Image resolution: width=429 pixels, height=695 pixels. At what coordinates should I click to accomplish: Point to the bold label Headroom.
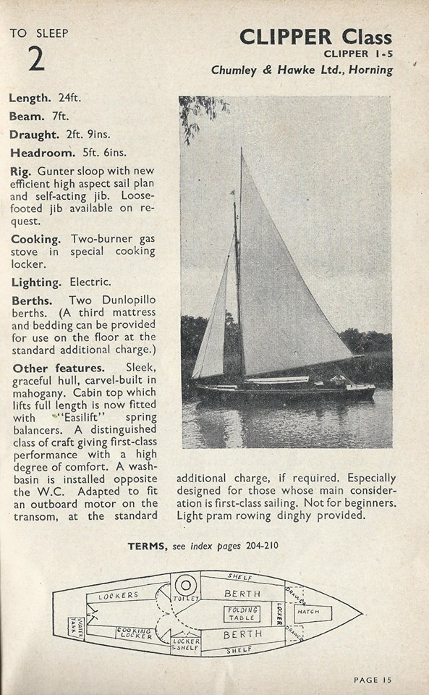click(42, 153)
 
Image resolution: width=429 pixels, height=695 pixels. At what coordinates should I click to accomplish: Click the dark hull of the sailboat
click(282, 393)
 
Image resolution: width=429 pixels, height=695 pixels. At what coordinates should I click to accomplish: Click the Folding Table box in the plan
click(243, 615)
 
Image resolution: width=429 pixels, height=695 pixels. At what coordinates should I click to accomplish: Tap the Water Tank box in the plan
click(77, 624)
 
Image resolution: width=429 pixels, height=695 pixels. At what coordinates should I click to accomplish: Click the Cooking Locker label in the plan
click(135, 633)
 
